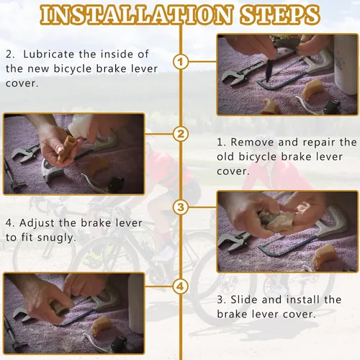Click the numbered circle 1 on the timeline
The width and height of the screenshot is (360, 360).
click(181, 62)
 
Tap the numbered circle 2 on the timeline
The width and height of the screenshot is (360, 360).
click(181, 134)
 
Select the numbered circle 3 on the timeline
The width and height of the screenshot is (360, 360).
click(181, 207)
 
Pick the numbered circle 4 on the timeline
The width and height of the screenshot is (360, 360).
click(181, 287)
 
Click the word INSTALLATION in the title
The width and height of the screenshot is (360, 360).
click(136, 14)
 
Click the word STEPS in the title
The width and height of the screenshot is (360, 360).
click(280, 14)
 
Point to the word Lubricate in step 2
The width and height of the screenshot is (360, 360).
click(49, 55)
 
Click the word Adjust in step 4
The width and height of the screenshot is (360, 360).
click(37, 223)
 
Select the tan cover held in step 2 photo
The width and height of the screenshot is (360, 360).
click(67, 148)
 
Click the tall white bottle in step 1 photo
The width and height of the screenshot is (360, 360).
click(346, 65)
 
